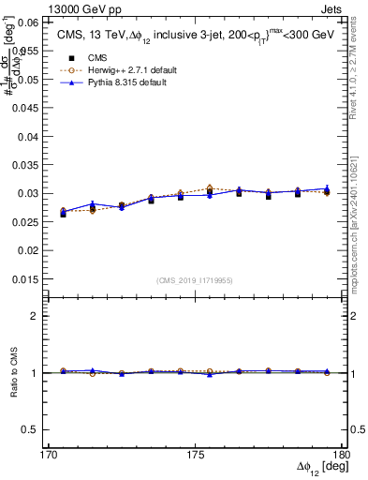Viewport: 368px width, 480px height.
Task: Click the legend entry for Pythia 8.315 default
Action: click(x=116, y=82)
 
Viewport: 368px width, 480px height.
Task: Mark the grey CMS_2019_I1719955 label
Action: click(x=194, y=280)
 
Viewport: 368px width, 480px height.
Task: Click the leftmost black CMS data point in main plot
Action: click(x=63, y=214)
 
